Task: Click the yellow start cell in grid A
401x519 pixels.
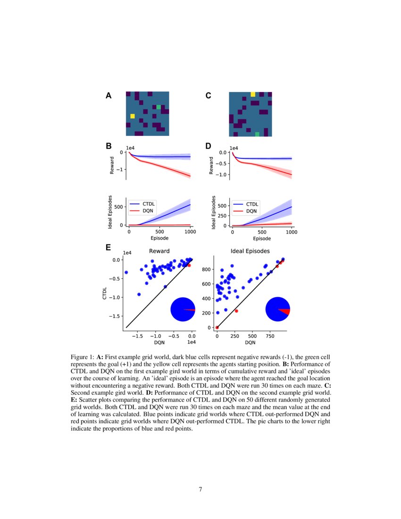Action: coord(133,116)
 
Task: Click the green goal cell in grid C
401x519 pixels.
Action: coord(257,134)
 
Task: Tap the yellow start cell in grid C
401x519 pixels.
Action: coord(253,94)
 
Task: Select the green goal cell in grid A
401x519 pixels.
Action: coord(159,107)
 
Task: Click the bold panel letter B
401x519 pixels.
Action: coord(109,147)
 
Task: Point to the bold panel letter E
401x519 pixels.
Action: coord(109,248)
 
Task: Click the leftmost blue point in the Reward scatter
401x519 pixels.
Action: coord(126,272)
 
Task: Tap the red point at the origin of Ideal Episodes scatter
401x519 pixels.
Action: coord(217,327)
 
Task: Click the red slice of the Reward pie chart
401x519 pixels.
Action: coord(190,310)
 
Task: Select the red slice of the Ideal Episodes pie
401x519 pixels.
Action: coord(284,311)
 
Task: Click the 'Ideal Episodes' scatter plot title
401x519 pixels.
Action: coord(250,251)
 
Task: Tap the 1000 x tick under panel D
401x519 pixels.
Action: coord(292,232)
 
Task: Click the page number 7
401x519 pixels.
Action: coord(200,489)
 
